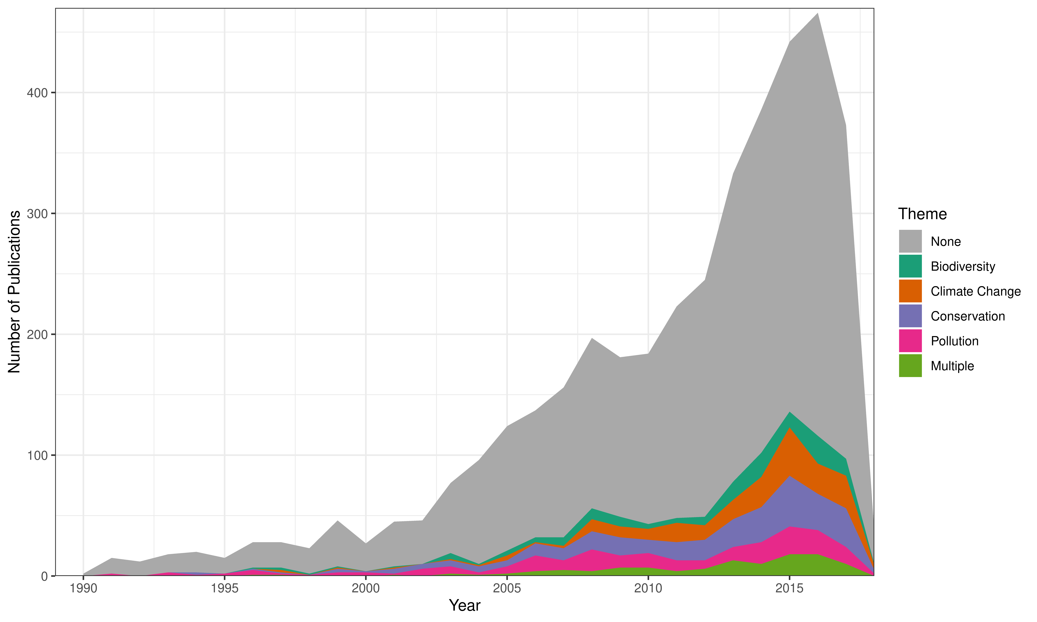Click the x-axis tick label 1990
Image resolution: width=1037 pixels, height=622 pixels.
83,589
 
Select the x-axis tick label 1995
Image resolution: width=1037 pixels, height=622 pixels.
225,589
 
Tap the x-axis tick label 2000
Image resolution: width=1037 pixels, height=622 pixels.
366,589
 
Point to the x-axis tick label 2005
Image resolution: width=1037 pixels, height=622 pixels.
507,589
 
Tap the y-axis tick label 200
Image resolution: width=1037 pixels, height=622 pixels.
37,334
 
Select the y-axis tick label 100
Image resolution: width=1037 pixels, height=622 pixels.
37,455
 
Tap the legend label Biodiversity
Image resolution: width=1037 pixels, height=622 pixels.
963,267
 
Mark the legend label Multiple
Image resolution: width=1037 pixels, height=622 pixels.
952,366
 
